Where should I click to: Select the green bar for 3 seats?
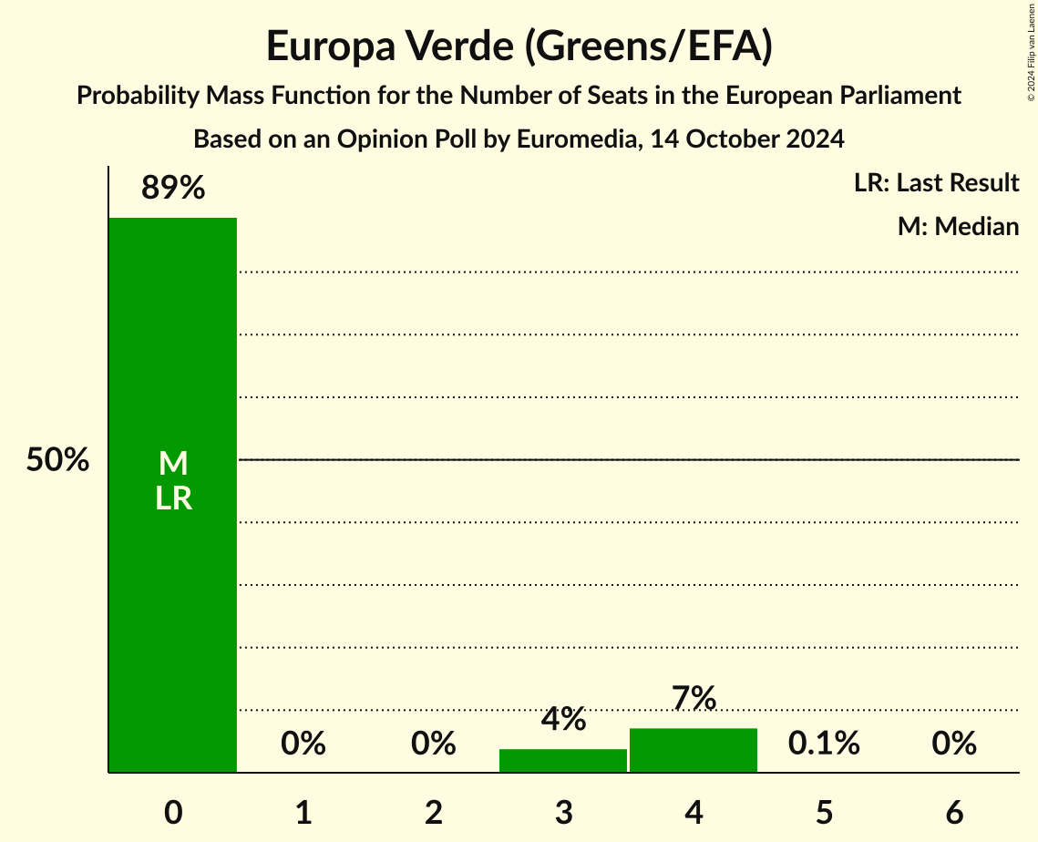563,761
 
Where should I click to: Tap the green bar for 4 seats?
694,750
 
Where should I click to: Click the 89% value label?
173,189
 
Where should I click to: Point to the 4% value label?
563,719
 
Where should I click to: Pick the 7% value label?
694,698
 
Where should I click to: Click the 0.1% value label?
824,744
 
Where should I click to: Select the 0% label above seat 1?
303,744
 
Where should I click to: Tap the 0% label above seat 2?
434,744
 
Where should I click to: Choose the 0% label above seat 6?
954,744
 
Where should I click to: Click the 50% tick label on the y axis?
57,460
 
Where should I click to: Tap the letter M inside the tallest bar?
173,464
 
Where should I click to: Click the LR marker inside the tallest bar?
173,498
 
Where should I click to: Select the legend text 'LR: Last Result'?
937,183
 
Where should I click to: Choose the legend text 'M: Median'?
958,226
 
